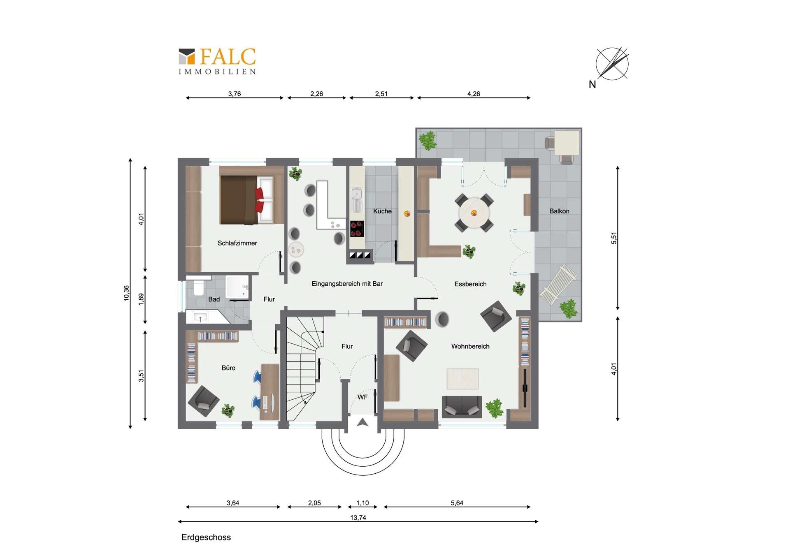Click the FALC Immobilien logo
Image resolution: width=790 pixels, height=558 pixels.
tap(217, 61)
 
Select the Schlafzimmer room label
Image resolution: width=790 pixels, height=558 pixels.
tap(237, 243)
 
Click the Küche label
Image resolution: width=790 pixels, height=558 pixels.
tap(382, 211)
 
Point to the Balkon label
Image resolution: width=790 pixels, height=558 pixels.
tap(559, 211)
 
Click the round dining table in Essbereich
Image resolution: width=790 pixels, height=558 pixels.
tap(474, 213)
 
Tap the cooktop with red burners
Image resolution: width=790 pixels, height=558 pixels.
tap(357, 229)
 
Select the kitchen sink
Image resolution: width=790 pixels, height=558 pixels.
tap(356, 200)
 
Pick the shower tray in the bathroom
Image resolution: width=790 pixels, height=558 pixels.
tap(237, 287)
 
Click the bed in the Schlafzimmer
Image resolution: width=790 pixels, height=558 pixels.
tap(246, 200)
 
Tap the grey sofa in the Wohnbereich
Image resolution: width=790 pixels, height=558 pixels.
tap(462, 406)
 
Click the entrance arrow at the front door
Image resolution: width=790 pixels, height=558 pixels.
tap(362, 422)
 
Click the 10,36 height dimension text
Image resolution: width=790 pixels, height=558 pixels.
tap(126, 293)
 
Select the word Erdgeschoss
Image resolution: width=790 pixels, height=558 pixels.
tap(206, 537)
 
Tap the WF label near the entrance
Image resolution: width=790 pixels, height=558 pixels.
tap(362, 397)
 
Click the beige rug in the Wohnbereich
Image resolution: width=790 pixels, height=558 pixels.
tap(462, 378)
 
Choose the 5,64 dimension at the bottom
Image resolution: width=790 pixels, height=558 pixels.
tap(457, 503)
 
